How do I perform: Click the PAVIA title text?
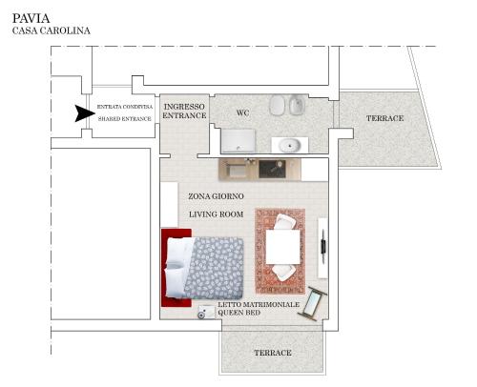[31, 18]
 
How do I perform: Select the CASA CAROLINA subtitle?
[52, 31]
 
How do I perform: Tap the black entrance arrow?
[85, 113]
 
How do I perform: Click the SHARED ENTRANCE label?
[125, 119]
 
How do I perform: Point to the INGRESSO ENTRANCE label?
[184, 111]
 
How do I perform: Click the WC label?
[242, 112]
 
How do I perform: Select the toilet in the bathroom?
[279, 105]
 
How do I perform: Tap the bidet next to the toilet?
[298, 105]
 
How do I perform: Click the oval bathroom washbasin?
[290, 145]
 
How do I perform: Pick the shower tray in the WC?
[238, 140]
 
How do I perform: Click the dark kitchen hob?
[270, 169]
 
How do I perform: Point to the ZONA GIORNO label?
[216, 196]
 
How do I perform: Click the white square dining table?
[282, 247]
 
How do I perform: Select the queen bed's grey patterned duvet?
[215, 268]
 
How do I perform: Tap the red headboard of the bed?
[176, 268]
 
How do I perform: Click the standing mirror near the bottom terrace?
[313, 303]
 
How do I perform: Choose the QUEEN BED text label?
[238, 313]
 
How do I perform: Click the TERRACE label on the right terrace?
[384, 118]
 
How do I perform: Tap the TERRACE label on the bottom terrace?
[273, 353]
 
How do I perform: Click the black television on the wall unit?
[323, 247]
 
